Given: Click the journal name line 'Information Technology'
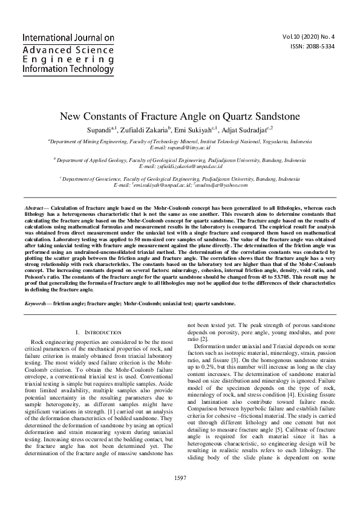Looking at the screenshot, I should click(x=67, y=70).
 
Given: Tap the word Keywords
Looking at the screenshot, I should click(x=37, y=303).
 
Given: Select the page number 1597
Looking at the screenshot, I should click(x=180, y=494).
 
